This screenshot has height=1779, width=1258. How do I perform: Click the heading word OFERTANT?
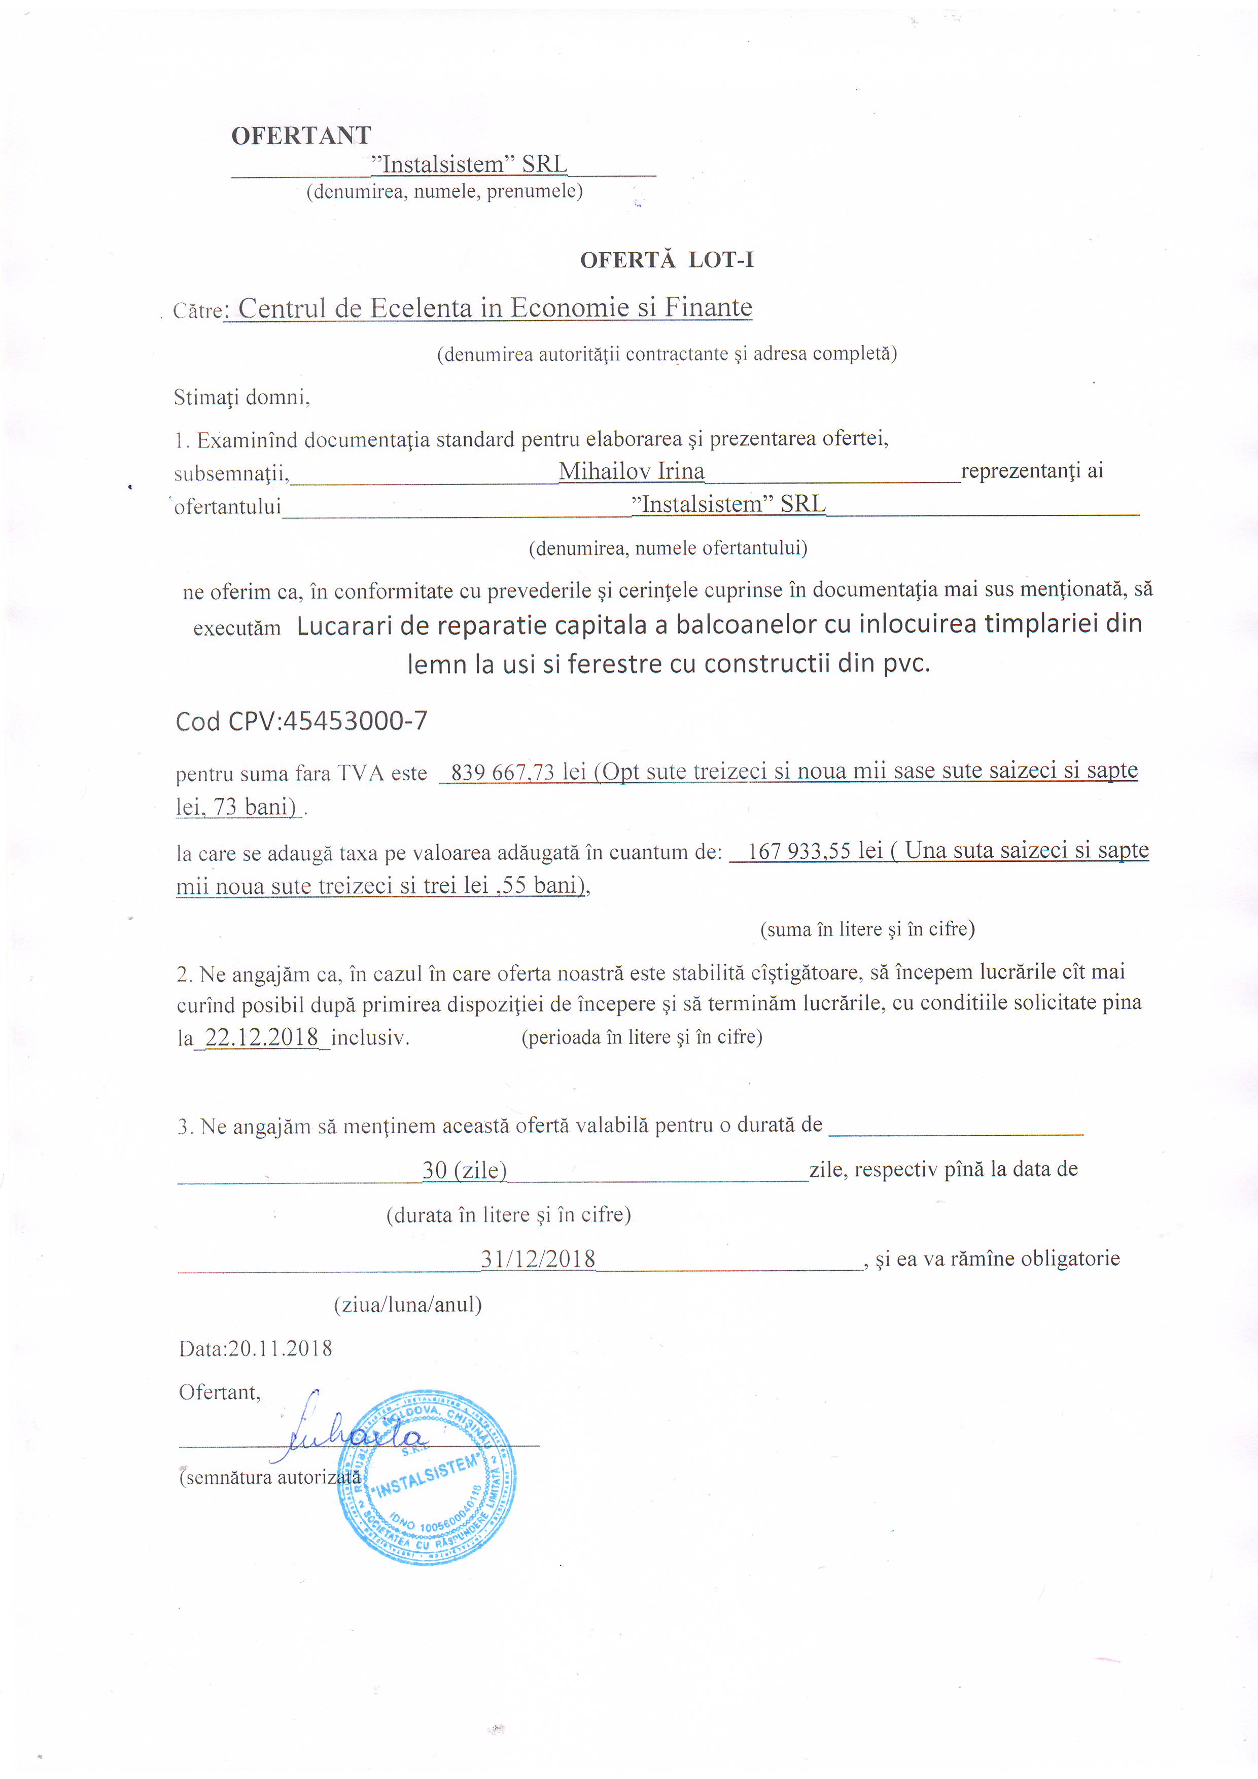(x=301, y=135)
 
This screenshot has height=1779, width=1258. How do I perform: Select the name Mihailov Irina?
(x=632, y=471)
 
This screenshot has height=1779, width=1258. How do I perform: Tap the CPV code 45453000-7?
(x=355, y=721)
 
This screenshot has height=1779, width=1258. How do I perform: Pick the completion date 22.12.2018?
(x=262, y=1037)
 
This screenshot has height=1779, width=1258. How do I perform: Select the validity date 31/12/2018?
(x=538, y=1259)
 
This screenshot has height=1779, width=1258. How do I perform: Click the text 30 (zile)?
(x=464, y=1170)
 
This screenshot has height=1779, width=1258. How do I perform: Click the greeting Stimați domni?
(x=241, y=398)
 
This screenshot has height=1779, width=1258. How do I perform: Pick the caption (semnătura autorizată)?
(x=269, y=1478)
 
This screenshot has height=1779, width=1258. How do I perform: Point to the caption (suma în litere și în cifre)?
(x=867, y=929)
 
